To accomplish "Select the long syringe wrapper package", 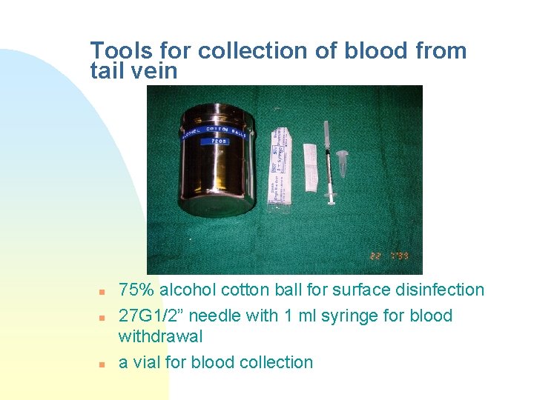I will pos(280,164).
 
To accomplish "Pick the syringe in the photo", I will pos(327,163).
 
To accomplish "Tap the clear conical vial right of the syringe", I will pos(342,161).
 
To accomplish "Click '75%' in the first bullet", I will pos(135,290).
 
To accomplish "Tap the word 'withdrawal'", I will pos(160,336).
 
